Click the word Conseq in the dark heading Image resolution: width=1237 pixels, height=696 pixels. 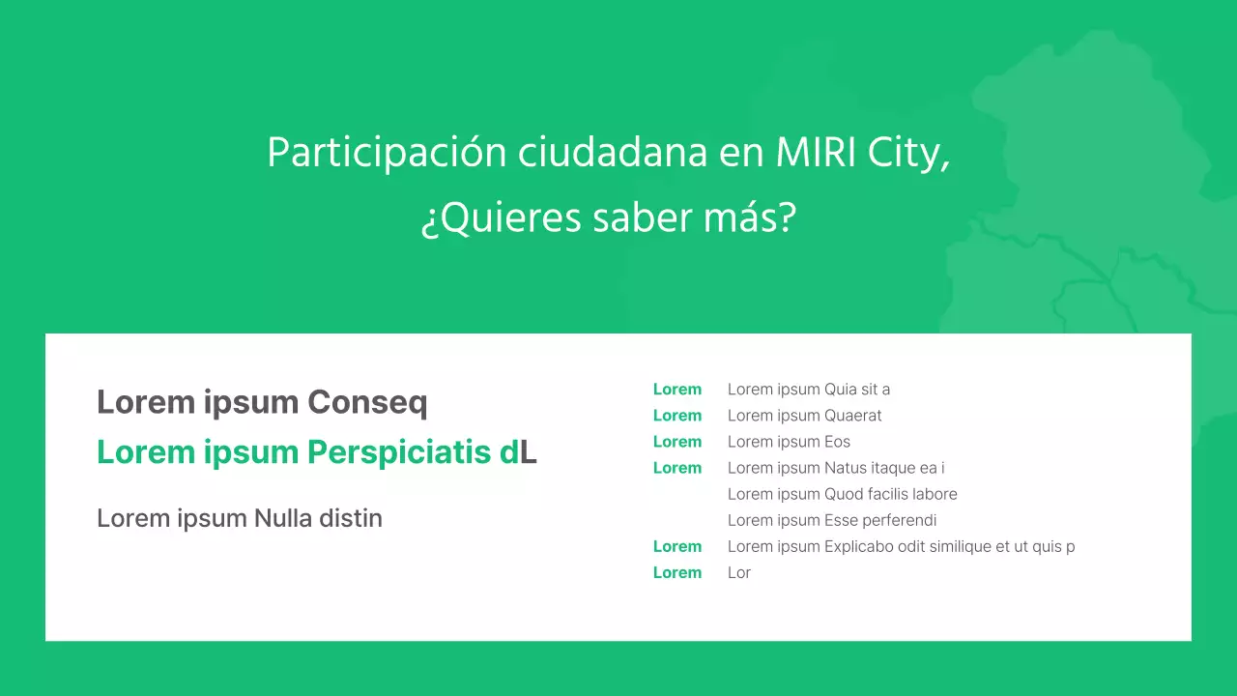coord(367,402)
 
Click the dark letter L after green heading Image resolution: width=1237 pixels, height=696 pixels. coord(529,451)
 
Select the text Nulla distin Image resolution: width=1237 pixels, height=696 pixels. coord(318,518)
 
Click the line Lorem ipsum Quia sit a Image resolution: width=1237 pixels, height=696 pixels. coord(808,390)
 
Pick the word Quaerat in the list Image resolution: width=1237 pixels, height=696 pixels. coord(852,416)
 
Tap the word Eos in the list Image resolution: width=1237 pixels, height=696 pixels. coord(837,442)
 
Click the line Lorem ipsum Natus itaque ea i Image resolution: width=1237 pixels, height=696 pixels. coord(835,468)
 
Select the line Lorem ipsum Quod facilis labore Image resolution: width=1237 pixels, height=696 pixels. coord(842,494)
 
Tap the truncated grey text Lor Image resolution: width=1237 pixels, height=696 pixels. coord(739,572)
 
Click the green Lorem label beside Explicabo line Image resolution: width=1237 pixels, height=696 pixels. coord(676,546)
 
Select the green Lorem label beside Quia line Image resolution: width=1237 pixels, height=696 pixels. coord(676,390)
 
